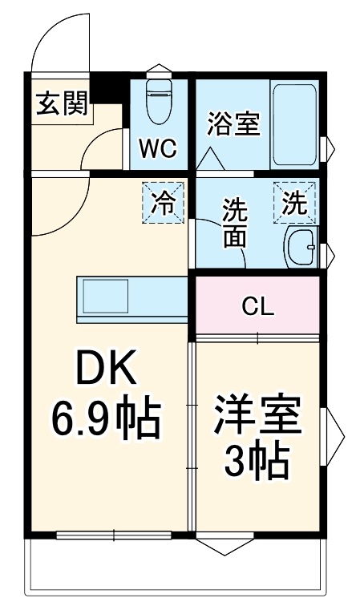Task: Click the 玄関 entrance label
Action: click(x=62, y=104)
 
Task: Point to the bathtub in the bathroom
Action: click(x=294, y=123)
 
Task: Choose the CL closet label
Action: click(x=259, y=306)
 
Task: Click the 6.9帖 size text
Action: click(x=107, y=418)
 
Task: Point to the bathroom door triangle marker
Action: click(x=211, y=158)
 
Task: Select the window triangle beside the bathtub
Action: click(x=326, y=148)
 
